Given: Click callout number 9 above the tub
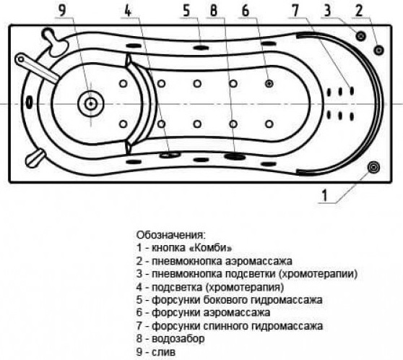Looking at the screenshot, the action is point(62,10).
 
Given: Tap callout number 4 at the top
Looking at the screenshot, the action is point(128,11).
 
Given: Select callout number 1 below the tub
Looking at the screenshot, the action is point(325,195).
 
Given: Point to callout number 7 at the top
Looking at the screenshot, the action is point(295,11).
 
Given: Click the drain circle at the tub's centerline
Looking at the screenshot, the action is point(91,103).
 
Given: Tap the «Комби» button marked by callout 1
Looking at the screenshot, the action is point(373,168).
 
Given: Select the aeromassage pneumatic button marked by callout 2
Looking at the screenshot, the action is point(379,50).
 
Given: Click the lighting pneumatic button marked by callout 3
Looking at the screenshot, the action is point(361,35).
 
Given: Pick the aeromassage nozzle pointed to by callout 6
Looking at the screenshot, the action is point(269,83).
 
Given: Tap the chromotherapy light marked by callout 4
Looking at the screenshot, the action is point(170,155).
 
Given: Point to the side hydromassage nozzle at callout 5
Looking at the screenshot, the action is point(201,47).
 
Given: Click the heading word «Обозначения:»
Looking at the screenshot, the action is point(171,235).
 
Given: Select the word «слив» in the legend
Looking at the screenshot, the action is point(163,352).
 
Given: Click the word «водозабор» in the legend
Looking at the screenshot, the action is point(178,338).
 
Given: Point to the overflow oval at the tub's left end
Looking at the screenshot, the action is point(30,102).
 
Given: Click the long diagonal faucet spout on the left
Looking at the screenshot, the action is point(38,68).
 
